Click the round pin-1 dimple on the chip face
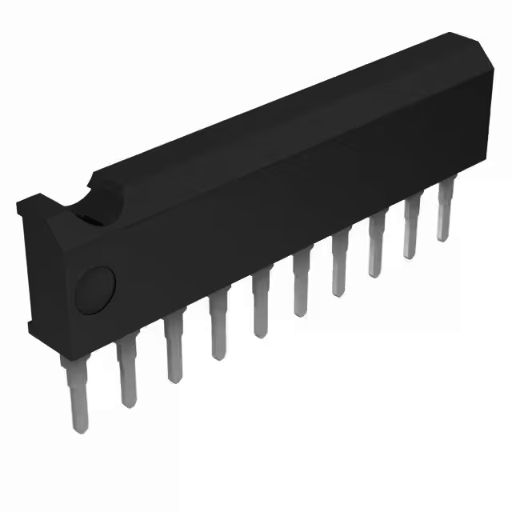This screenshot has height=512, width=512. pyautogui.click(x=95, y=288)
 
